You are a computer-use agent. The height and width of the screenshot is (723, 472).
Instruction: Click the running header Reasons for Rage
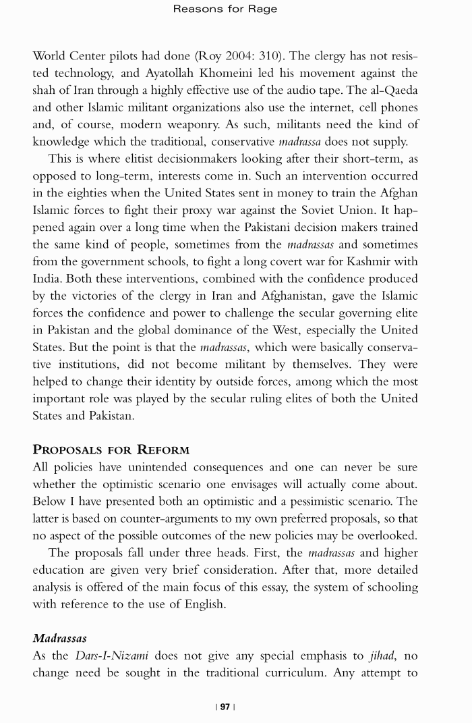coord(225,9)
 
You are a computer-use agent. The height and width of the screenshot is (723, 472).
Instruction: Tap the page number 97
coord(225,707)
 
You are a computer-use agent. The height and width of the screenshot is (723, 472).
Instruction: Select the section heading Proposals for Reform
coord(111,450)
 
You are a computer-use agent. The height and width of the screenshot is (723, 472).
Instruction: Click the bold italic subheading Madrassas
coord(59,638)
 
